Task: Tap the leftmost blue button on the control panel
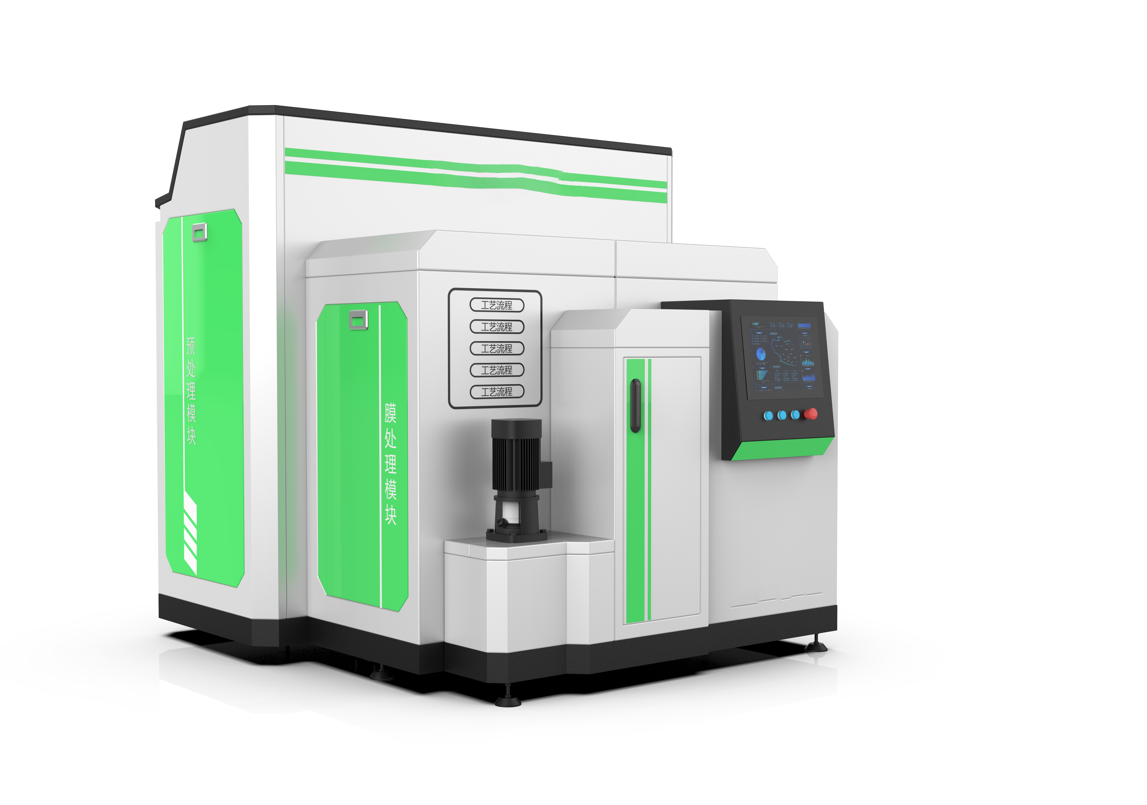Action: click(769, 415)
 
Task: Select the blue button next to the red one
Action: click(795, 415)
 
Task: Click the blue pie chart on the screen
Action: click(761, 354)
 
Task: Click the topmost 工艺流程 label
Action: click(497, 305)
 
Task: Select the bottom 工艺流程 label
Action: click(497, 391)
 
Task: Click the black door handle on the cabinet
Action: click(635, 405)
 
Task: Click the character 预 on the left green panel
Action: click(190, 346)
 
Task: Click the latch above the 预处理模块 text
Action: click(199, 232)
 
